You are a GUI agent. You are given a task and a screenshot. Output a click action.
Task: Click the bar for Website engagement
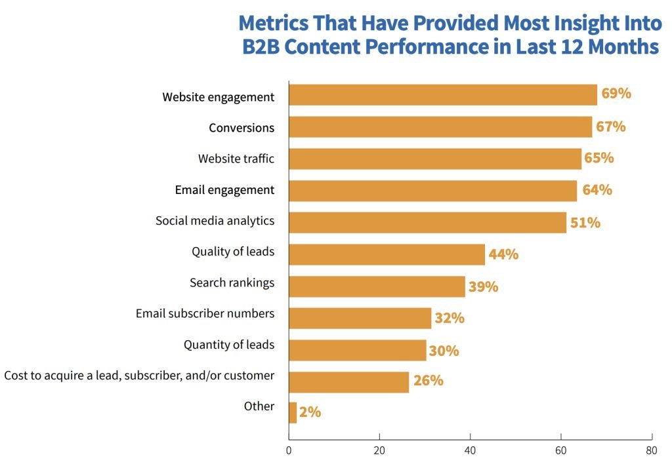(x=443, y=95)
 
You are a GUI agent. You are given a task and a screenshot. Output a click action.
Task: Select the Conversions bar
(x=440, y=127)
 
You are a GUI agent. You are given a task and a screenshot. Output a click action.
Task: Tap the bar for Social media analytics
(x=427, y=223)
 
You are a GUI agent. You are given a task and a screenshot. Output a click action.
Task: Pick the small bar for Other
(x=293, y=413)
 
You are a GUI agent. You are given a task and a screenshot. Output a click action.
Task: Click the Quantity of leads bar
(x=358, y=350)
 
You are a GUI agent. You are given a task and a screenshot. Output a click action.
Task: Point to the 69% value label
(x=616, y=94)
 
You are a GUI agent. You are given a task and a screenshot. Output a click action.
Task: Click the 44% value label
(x=503, y=254)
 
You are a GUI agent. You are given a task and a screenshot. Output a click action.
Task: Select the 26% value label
(x=428, y=381)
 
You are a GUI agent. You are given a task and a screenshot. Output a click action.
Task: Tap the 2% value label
(x=310, y=412)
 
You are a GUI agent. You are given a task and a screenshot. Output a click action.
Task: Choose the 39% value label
(x=483, y=286)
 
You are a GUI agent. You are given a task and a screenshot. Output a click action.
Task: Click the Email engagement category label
(x=224, y=190)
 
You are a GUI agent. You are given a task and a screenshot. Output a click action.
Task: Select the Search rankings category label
(x=232, y=283)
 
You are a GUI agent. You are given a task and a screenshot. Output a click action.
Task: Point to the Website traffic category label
(x=236, y=159)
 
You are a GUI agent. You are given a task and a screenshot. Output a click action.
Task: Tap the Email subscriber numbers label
(x=205, y=313)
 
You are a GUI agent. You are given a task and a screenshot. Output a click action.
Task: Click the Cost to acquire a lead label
(x=139, y=376)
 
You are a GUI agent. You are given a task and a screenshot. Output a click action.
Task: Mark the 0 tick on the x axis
(x=289, y=451)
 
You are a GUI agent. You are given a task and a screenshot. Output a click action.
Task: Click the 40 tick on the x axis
(x=470, y=451)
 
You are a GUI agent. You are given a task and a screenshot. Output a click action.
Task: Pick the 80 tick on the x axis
(x=652, y=451)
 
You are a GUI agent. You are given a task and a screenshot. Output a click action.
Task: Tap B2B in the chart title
(x=262, y=48)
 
